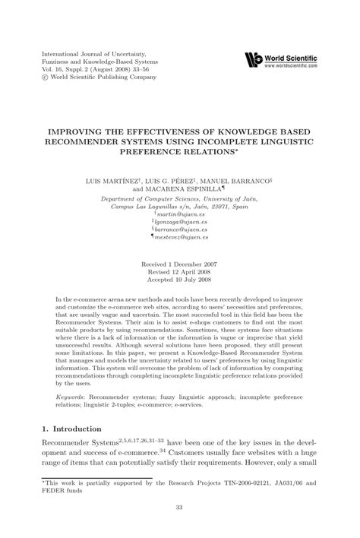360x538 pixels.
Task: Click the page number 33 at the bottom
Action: click(x=181, y=508)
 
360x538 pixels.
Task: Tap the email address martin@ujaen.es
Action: click(x=182, y=214)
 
